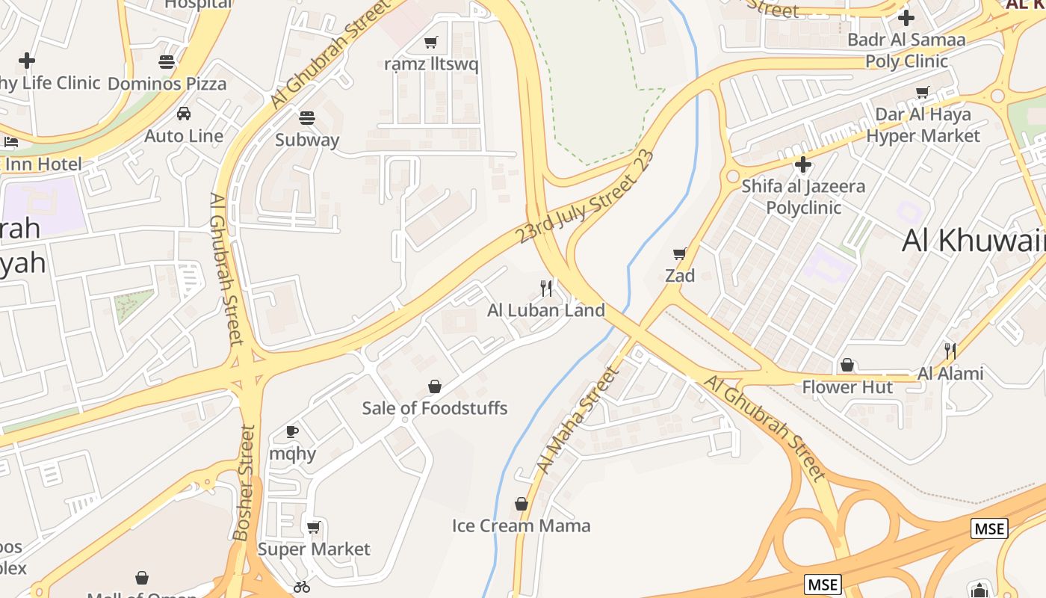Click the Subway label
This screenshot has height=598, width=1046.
[307, 140]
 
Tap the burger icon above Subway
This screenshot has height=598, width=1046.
[307, 117]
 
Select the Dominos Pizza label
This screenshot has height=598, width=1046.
[167, 83]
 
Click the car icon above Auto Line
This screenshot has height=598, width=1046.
[184, 114]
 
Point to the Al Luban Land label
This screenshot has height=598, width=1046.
[545, 310]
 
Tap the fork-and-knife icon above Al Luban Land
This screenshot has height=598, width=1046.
[547, 288]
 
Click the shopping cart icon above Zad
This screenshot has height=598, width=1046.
[679, 254]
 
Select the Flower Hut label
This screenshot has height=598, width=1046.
[847, 387]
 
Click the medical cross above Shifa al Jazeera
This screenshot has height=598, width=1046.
[803, 164]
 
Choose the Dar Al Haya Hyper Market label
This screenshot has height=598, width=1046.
[923, 125]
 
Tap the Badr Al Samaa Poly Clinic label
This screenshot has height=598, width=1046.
[906, 50]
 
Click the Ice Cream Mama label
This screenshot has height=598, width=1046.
[521, 525]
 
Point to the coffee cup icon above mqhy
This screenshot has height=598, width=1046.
[293, 431]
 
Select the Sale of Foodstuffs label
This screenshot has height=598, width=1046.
[434, 408]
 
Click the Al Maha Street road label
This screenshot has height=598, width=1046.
[578, 420]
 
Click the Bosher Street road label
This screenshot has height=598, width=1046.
[244, 482]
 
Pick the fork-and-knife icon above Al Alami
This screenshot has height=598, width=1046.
[950, 351]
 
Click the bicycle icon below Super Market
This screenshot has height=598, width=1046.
[302, 587]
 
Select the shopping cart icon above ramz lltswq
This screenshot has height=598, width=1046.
[430, 42]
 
